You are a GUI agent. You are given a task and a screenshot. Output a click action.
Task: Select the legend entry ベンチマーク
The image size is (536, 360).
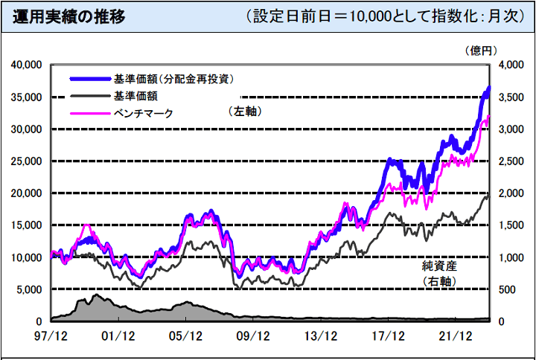coord(143,112)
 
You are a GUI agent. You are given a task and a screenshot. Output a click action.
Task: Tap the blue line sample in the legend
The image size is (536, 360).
coord(90,79)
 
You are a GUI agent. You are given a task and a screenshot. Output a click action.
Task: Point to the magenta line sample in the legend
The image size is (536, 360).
coord(90,113)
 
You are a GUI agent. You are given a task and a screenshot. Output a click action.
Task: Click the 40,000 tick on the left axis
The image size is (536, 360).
coord(25,65)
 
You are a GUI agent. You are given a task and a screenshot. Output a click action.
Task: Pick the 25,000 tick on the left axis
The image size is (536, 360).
coord(25,161)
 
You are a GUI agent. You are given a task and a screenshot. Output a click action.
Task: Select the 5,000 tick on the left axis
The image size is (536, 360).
coord(28,289)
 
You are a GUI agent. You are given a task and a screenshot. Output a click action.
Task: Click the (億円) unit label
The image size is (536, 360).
coord(481,50)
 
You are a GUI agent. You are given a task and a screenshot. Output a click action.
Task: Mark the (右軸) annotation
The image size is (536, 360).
coord(438,281)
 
